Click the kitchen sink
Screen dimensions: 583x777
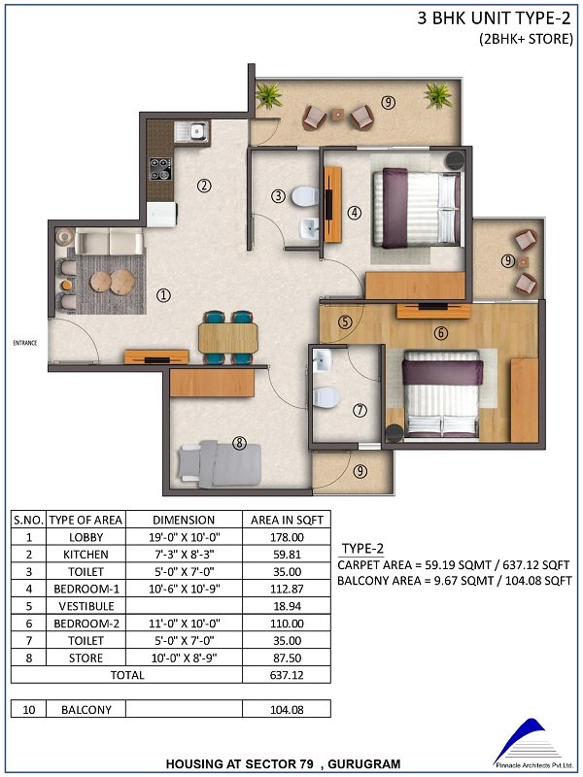pos(191,131)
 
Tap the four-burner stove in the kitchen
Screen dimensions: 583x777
pos(160,168)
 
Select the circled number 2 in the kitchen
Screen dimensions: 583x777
pos(204,186)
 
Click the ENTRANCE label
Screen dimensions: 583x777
pos(25,343)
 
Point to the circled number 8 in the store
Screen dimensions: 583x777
pos(239,443)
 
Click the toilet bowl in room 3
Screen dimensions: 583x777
pos(305,197)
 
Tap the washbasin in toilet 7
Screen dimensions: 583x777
pos(323,360)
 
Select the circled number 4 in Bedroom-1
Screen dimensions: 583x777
pos(354,213)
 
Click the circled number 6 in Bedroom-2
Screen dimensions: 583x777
pos(441,333)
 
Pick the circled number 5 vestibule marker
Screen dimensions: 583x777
pos(345,322)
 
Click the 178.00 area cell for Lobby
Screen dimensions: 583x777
pos(287,537)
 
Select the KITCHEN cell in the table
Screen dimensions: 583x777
pos(86,555)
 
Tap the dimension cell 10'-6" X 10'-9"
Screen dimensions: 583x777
pos(185,590)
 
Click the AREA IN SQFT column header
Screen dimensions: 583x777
pos(287,520)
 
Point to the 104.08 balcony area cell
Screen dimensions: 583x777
pos(287,710)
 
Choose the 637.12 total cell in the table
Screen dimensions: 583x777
pos(287,675)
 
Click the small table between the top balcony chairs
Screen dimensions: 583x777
pos(337,115)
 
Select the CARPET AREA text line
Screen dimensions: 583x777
pos(454,565)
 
